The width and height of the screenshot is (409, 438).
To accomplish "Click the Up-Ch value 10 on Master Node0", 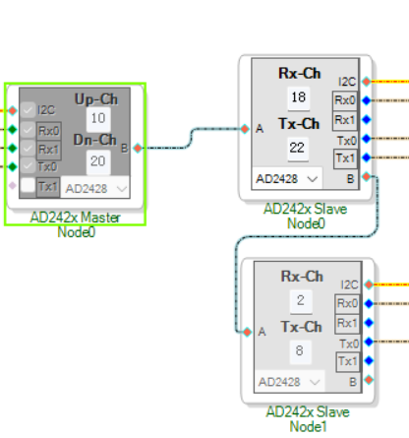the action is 98,118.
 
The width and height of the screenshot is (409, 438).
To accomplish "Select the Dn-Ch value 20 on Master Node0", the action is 98,161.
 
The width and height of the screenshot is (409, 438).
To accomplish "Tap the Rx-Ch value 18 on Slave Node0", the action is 298,97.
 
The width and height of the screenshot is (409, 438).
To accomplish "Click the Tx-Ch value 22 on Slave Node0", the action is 298,148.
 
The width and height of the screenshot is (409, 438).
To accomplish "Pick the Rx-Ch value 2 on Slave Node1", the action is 301,300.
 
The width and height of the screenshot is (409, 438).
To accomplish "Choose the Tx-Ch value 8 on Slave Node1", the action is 300,350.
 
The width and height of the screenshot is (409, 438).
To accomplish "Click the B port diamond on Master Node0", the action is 138,149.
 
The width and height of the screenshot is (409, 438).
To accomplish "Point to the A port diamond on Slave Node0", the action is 245,129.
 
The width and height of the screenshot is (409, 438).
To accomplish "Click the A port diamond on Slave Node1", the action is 247,332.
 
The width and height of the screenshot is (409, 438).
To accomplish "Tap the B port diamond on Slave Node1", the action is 369,380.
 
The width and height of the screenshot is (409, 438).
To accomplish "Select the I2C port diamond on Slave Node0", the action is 367,82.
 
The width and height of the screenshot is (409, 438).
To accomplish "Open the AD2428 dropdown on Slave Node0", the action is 287,179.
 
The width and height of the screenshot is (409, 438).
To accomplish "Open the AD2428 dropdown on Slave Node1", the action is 289,382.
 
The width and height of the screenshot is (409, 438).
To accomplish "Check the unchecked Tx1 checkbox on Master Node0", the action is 28,185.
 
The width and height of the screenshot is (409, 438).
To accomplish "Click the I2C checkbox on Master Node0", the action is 28,110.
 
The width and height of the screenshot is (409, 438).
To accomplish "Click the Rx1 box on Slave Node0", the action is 345,120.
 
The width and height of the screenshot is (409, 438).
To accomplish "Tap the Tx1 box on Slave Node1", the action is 347,361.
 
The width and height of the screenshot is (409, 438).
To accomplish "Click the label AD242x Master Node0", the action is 76,224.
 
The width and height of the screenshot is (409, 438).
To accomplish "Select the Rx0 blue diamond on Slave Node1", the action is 369,303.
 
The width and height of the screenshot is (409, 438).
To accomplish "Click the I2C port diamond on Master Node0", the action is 13,110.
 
